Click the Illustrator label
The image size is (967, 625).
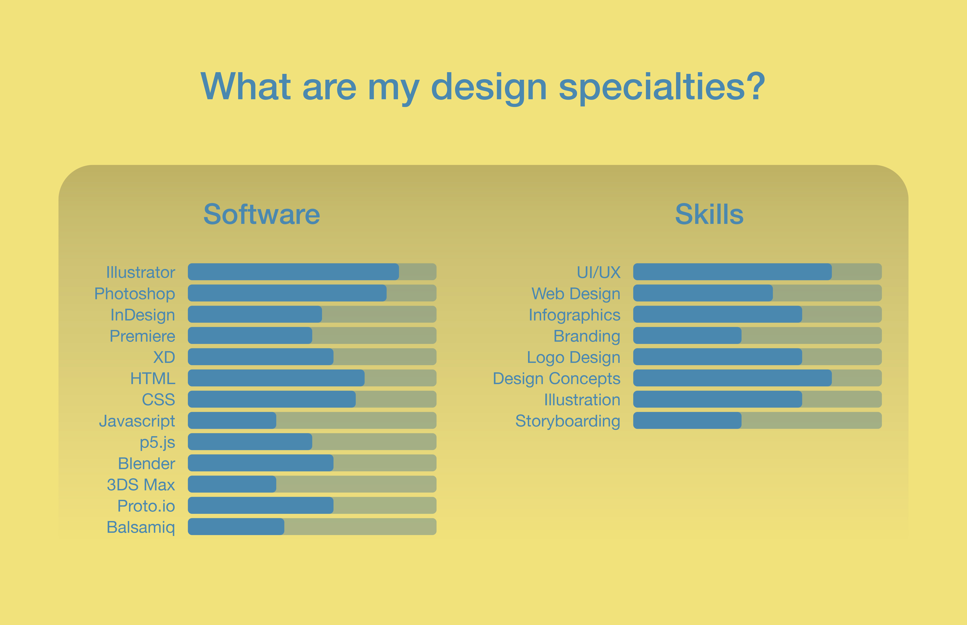[x=140, y=272]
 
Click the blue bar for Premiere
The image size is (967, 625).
[x=250, y=336]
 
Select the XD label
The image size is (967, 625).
[x=164, y=357]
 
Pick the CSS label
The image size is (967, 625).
[x=159, y=400]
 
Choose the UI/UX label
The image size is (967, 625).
[x=598, y=272]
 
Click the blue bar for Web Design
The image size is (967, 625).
[x=703, y=293]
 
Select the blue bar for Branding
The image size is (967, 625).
[x=687, y=336]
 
